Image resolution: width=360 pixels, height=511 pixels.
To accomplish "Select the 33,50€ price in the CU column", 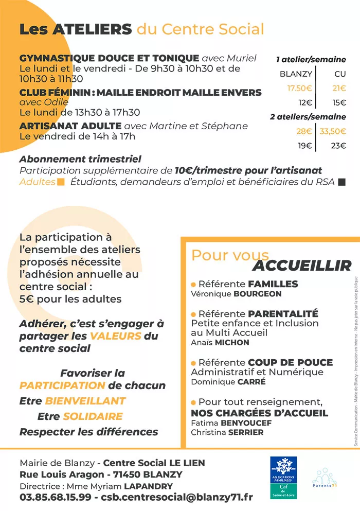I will coord(333,131).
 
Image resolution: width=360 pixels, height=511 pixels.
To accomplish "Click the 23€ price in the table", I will coord(338,146).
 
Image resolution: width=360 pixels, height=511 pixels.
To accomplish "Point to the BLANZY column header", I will coord(296,74).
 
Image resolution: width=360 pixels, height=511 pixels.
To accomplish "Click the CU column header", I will coord(340,74).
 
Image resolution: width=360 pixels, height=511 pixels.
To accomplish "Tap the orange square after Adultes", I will coord(61,182).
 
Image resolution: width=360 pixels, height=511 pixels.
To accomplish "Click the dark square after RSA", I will coord(342,182).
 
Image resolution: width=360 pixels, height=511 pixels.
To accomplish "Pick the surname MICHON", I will coord(231,342).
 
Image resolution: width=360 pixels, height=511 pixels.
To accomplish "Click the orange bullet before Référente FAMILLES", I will coord(193,284).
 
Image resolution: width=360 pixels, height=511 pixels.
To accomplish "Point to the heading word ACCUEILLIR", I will coord(301,266).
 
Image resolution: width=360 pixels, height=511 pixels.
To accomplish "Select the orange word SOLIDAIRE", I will coord(93,416).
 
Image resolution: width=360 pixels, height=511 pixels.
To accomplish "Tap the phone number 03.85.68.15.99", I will coord(55,497).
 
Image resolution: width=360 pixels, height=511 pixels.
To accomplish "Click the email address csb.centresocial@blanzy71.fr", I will coord(177,497).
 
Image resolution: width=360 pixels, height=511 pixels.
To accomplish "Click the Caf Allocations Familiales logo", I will coord(283,477).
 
